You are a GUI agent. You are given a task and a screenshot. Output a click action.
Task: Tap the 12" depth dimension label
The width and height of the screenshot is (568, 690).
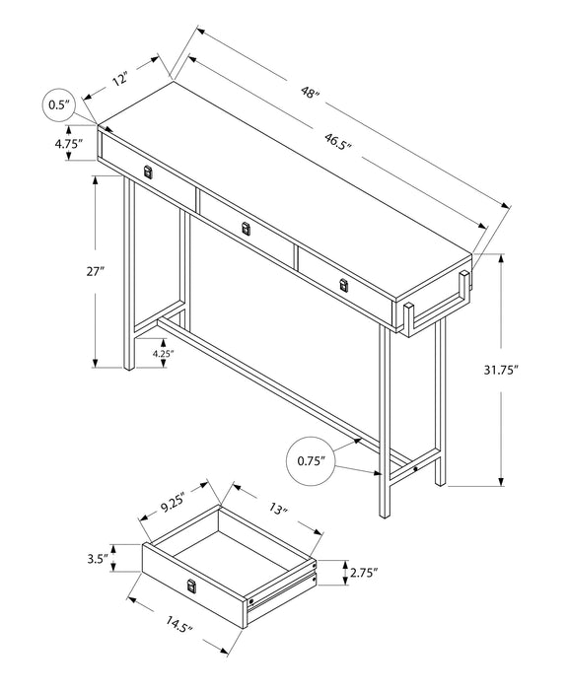coord(119,78)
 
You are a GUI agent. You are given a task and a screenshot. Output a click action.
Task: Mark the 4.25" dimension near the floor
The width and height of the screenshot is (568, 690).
coord(163,353)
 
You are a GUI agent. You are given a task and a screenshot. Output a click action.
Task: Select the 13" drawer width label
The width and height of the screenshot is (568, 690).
coord(277,509)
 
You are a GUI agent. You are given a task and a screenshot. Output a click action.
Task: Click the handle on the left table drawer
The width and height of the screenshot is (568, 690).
coord(148,172)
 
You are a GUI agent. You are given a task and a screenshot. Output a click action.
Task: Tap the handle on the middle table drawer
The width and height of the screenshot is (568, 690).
coord(246,229)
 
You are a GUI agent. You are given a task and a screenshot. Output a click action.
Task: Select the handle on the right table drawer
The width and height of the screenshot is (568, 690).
coord(344,285)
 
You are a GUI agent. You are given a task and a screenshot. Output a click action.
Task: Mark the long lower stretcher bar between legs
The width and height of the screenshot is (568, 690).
coord(286,383)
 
